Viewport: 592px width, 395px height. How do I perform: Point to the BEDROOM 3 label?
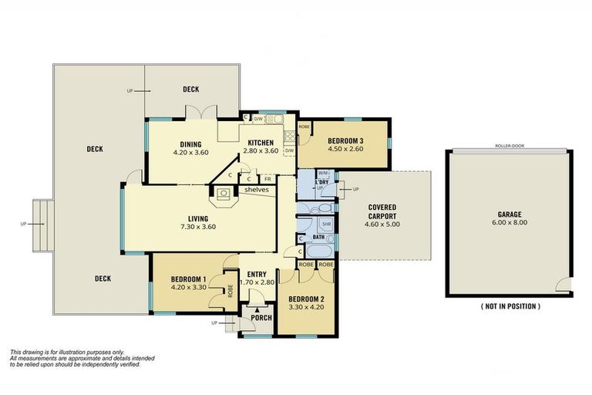coord(345,140)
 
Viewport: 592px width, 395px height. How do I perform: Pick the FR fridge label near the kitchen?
coord(267,179)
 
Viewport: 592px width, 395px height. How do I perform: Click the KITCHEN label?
coord(262,142)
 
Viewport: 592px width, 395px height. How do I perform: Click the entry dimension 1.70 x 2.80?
coord(257,283)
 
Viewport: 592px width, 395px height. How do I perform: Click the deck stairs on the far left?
coord(42,224)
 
